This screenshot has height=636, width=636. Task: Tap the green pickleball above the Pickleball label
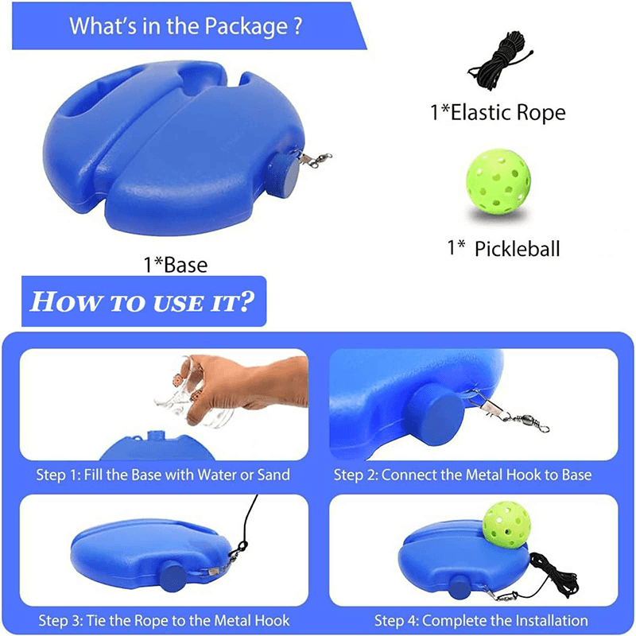(x=498, y=181)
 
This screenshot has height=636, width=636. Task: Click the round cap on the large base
(x=282, y=174)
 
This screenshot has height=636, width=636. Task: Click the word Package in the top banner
(x=246, y=26)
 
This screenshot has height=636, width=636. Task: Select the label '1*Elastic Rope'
(x=498, y=112)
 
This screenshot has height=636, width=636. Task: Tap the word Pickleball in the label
(x=518, y=249)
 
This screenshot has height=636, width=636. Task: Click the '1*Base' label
(x=176, y=265)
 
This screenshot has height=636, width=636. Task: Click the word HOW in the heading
(x=66, y=302)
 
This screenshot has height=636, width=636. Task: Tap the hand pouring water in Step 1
(x=243, y=386)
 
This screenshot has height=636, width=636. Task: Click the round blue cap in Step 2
(x=435, y=413)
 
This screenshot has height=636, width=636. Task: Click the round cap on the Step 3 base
(x=173, y=578)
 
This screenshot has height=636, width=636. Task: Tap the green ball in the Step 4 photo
(x=506, y=525)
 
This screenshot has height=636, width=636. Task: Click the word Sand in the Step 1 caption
(x=273, y=475)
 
